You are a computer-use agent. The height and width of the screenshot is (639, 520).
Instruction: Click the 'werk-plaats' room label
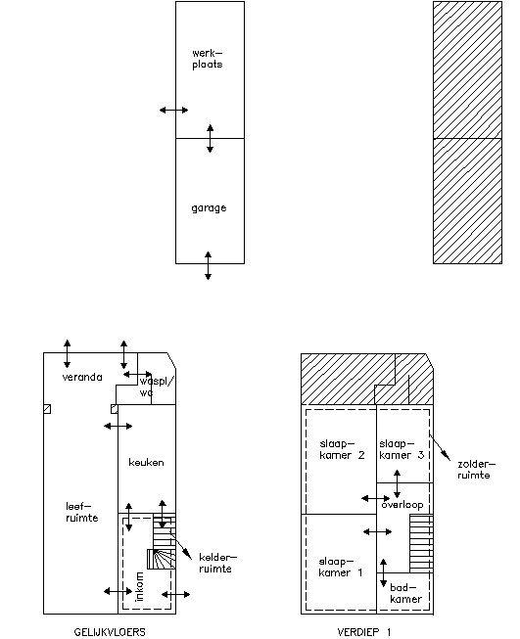click(x=208, y=59)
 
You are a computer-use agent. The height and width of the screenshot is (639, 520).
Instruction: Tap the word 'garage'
click(x=209, y=208)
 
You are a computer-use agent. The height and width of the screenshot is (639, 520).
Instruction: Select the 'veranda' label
click(x=82, y=377)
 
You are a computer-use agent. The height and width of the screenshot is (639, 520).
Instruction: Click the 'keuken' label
click(x=147, y=462)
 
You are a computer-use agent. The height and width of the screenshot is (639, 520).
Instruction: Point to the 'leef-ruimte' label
click(x=82, y=512)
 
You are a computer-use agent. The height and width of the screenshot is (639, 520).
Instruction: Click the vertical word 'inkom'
click(x=139, y=586)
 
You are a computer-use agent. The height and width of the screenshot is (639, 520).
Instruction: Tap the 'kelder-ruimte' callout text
click(x=217, y=563)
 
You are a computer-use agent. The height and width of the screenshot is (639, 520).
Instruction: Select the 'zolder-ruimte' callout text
click(x=476, y=470)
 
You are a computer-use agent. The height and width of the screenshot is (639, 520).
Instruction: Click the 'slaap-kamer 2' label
click(x=342, y=449)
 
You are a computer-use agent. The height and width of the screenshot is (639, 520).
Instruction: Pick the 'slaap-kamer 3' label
click(x=402, y=449)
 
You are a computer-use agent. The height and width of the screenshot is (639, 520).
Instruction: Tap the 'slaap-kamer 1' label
click(x=340, y=568)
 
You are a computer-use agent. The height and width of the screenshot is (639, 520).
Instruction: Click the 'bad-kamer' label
click(x=405, y=593)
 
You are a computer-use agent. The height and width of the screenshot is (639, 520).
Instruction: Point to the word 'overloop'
click(x=402, y=505)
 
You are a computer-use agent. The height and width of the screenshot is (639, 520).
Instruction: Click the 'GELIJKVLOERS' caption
click(x=110, y=632)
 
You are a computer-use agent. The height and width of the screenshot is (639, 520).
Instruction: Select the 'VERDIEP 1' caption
click(x=364, y=632)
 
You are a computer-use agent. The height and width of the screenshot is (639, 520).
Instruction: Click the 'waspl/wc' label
click(x=157, y=387)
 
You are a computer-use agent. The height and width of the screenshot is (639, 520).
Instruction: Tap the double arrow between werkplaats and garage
click(x=210, y=139)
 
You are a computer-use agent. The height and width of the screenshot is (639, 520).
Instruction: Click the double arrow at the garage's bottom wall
click(x=208, y=265)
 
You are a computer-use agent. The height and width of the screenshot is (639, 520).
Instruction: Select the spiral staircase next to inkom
click(x=162, y=559)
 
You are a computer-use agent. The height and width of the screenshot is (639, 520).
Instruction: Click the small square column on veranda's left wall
click(x=47, y=409)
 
